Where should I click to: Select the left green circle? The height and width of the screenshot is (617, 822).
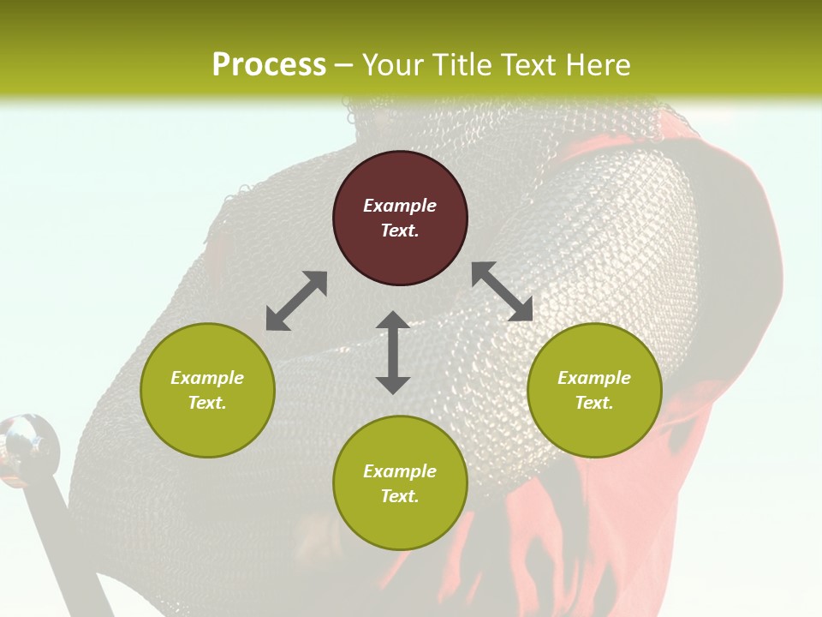point(207,390)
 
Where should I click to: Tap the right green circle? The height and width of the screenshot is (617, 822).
point(594,390)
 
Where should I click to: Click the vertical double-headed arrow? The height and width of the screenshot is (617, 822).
point(393,352)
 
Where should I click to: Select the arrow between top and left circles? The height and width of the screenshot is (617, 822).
point(296,301)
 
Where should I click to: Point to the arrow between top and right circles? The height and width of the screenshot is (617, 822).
point(503,291)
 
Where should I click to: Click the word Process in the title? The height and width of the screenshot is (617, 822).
point(269,65)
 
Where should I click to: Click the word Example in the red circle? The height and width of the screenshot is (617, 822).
point(400,206)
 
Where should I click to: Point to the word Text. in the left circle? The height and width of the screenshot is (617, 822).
point(207,403)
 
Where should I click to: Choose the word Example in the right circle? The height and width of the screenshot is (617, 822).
point(594,378)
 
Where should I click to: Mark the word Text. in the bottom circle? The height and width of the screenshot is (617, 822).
point(400,496)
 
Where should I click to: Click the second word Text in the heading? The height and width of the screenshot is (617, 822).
point(532,65)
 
